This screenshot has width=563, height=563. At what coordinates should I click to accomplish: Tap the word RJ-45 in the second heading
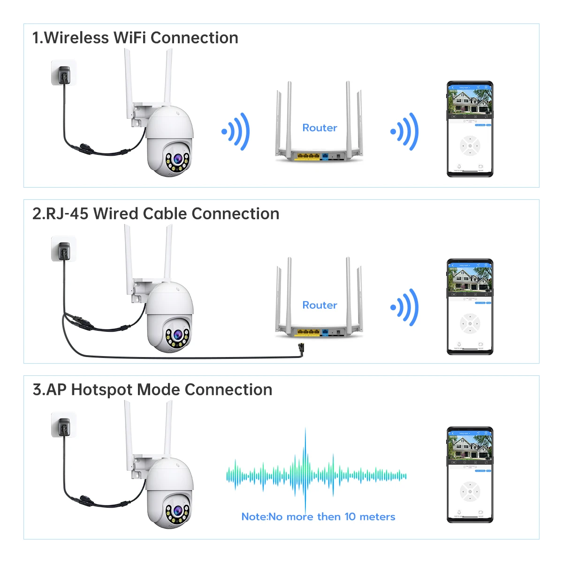tap(67, 214)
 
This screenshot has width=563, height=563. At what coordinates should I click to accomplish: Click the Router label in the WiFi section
tap(320, 128)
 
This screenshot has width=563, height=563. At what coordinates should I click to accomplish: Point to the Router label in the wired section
tap(320, 305)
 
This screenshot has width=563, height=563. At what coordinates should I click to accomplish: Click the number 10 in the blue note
tap(350, 517)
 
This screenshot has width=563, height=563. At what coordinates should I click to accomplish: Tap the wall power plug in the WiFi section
tap(64, 74)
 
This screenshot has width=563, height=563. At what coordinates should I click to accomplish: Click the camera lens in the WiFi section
tap(177, 159)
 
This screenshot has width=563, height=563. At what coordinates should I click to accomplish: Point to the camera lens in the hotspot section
tap(177, 511)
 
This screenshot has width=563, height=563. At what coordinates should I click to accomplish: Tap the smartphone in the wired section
tap(470, 306)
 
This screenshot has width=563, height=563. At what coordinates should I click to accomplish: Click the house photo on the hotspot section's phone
tap(470, 448)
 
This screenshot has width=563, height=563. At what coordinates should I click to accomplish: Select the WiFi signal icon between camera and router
tap(236, 132)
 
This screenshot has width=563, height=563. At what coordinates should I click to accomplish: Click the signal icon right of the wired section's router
tap(405, 307)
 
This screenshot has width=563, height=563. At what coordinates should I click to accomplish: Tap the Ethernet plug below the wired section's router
tap(301, 349)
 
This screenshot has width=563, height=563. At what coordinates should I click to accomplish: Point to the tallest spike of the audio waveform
tap(305, 469)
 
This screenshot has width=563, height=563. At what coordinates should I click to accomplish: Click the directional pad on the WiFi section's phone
tap(470, 146)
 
